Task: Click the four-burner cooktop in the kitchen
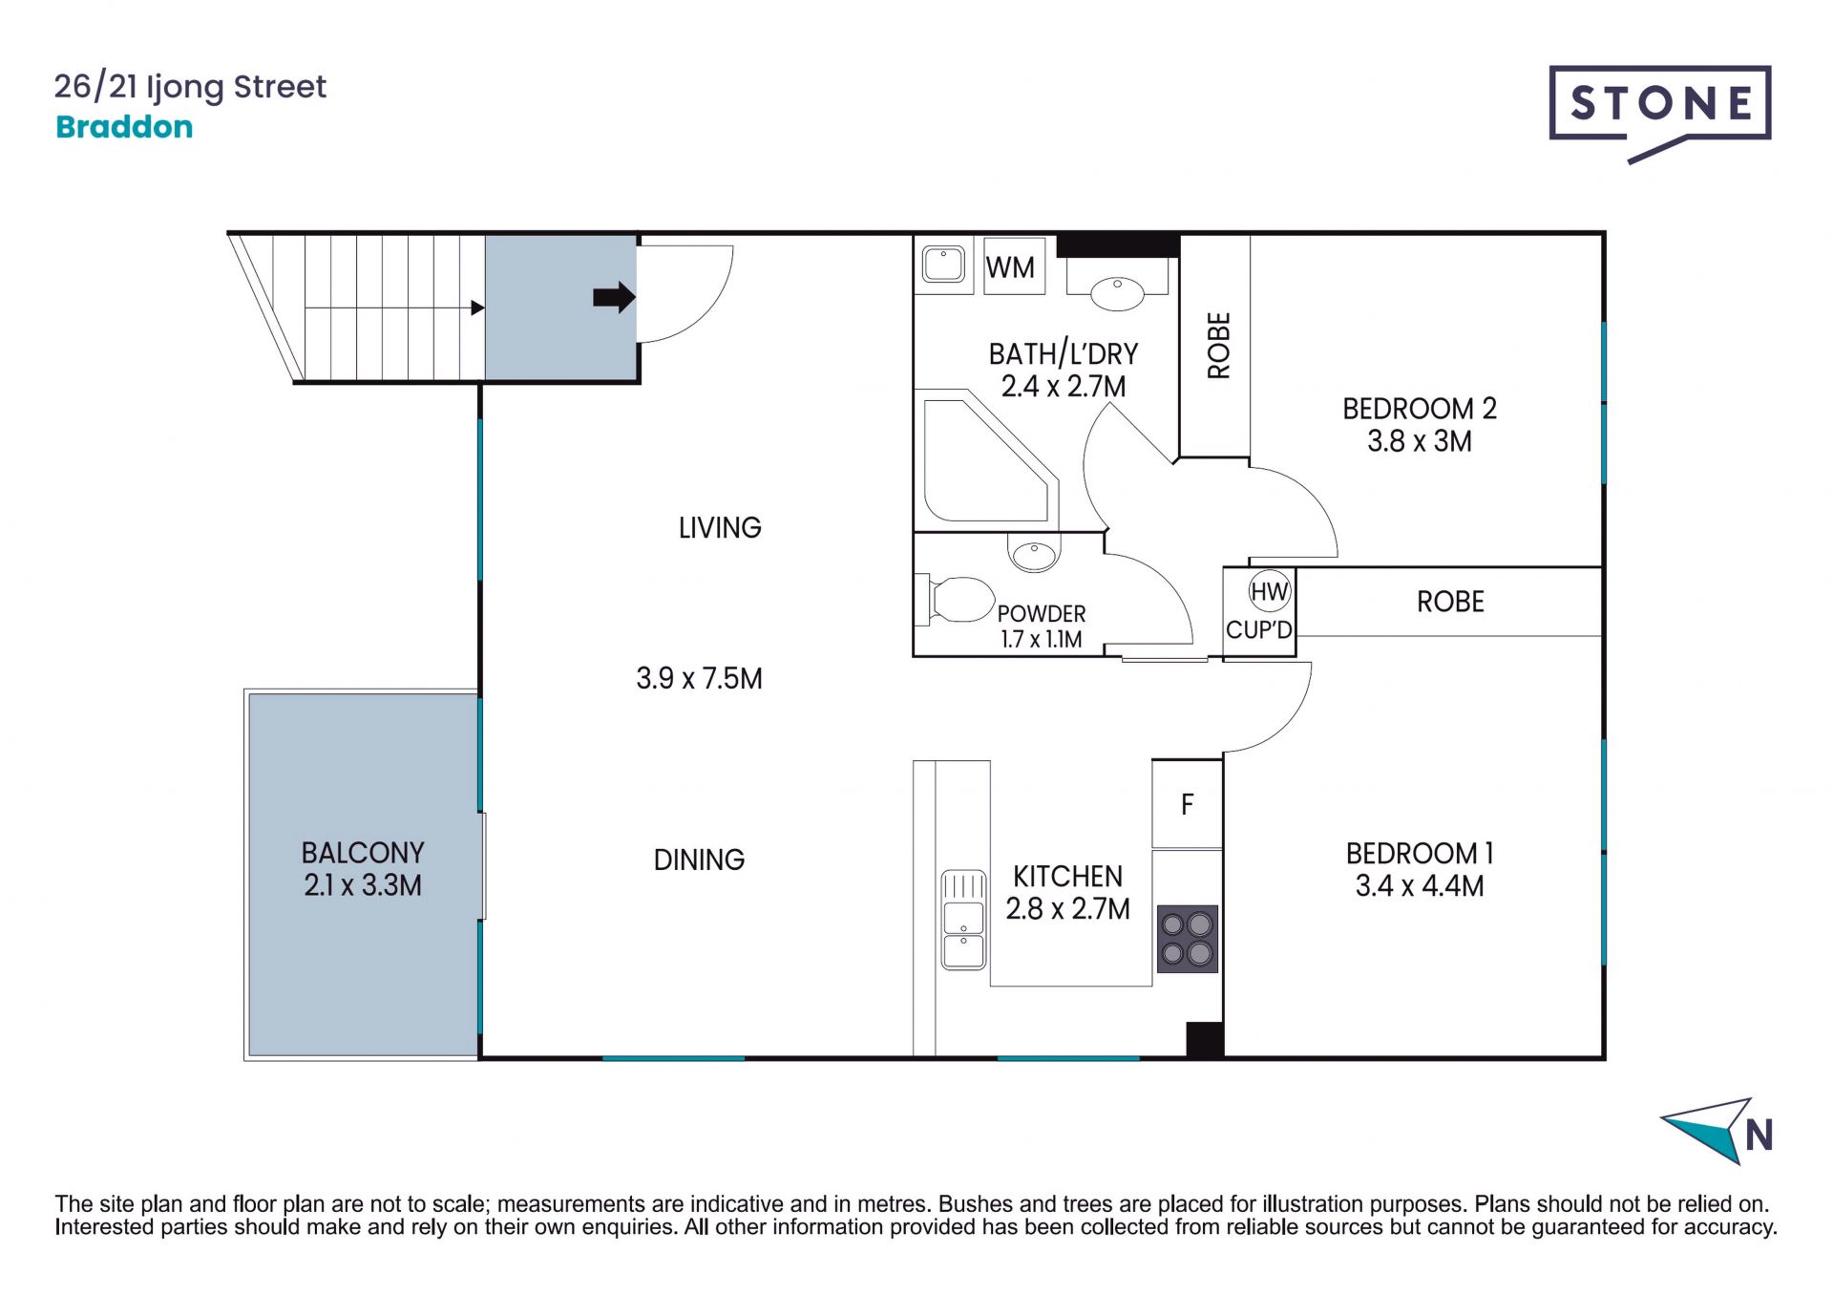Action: (1187, 939)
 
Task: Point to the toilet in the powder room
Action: (957, 600)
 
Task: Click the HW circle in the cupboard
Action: (1270, 592)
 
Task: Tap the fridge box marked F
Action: (1187, 804)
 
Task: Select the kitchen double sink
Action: (963, 919)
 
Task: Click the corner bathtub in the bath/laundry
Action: (987, 460)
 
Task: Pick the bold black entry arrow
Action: (614, 297)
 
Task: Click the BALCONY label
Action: (363, 853)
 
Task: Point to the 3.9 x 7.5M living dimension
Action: (699, 678)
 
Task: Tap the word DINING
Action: (699, 860)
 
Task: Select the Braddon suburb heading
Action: (124, 127)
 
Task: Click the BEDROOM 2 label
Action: (1419, 409)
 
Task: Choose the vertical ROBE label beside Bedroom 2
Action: (1219, 346)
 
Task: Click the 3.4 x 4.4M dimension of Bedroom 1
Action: (1419, 885)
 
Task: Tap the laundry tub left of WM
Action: (943, 265)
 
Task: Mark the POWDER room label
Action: (1042, 613)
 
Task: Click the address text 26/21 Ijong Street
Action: (190, 87)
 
